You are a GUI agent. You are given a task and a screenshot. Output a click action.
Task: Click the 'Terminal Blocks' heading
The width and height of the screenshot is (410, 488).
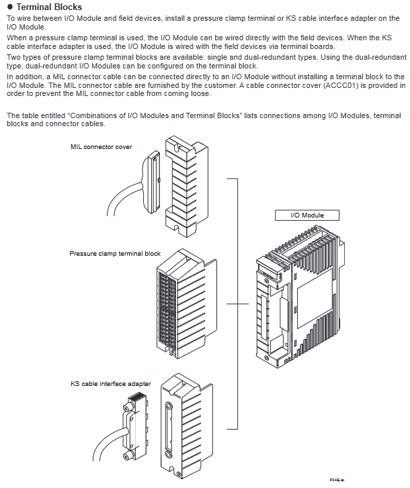[49, 7]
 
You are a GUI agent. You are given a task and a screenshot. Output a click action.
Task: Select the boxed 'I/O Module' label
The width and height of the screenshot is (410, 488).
[306, 215]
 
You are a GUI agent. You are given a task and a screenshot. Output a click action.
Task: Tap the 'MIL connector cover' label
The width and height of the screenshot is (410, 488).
[101, 146]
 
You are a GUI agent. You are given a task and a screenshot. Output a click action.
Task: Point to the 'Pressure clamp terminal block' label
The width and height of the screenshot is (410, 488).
[115, 254]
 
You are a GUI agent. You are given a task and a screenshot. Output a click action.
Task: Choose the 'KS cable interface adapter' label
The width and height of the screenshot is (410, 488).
[111, 384]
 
